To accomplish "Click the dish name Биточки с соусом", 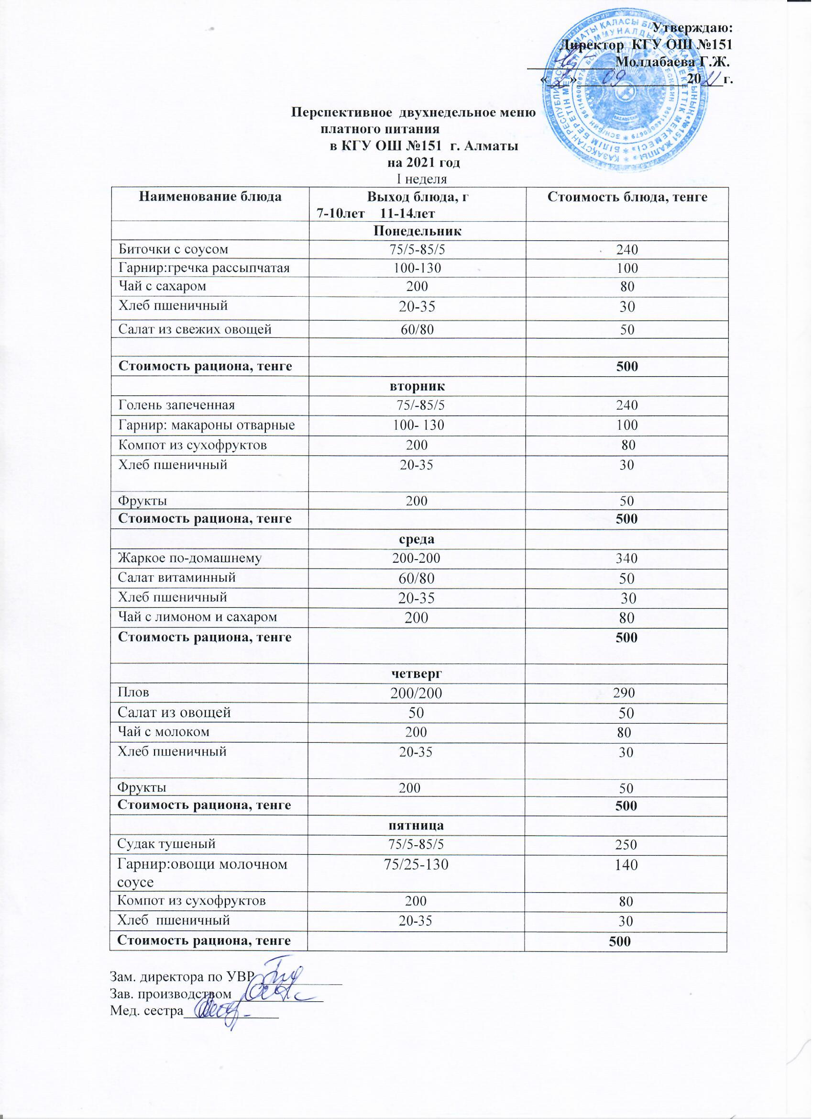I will click(x=173, y=249).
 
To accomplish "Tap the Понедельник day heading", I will click(x=417, y=231).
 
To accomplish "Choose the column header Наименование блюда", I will click(x=210, y=197).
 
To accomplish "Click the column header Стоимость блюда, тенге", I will click(x=627, y=197).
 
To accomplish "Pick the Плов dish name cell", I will click(x=133, y=692).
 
